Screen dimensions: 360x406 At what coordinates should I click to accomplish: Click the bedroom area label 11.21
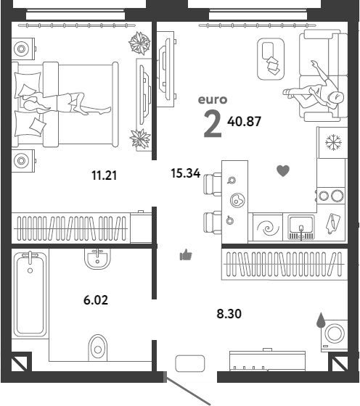point(105,175)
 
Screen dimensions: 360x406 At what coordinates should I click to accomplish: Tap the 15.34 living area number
point(186,173)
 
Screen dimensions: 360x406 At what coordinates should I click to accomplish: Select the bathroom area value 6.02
point(96,300)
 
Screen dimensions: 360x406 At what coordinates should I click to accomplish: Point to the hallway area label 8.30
point(229,313)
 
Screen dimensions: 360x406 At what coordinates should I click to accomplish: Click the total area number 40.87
point(244,122)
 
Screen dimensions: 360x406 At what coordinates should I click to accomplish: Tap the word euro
point(213,100)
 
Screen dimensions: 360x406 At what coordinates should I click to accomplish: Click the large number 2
point(213,123)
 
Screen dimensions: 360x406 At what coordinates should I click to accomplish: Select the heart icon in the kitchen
point(283,171)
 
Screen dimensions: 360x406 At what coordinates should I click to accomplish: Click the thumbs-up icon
point(186,254)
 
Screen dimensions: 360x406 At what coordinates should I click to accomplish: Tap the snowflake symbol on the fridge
point(334,142)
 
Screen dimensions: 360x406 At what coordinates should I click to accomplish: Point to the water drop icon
point(321,320)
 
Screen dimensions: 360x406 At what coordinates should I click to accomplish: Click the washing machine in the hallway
point(335,336)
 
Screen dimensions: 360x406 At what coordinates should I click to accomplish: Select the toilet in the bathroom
point(98,347)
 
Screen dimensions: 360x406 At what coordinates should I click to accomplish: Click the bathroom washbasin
point(97,259)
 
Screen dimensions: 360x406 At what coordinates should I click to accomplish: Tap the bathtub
point(30,294)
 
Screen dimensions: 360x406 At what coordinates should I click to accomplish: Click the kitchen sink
point(301,227)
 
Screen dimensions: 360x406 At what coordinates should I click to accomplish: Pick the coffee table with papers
point(271,59)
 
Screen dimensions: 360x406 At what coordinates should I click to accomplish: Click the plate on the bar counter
point(237,200)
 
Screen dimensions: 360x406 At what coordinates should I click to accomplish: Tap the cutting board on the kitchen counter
point(332,223)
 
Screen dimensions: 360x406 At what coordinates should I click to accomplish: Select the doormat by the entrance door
point(190,363)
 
